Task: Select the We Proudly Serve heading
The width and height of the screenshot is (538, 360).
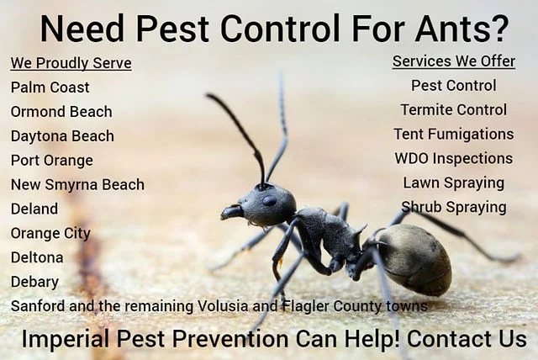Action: [71, 63]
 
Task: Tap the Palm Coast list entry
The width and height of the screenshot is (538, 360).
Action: [50, 87]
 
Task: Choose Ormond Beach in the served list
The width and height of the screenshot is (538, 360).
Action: [61, 112]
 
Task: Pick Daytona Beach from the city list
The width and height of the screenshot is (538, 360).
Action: [62, 136]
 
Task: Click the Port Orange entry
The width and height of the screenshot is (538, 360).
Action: [52, 161]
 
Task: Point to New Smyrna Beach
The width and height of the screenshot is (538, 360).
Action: [77, 185]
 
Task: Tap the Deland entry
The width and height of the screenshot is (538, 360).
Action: [34, 209]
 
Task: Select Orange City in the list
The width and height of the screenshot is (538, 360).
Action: [50, 233]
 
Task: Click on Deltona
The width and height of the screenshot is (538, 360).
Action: [37, 257]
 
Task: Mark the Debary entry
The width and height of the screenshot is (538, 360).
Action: [34, 282]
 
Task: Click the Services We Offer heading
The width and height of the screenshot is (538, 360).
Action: [454, 61]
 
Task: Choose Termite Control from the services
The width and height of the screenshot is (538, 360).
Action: [454, 110]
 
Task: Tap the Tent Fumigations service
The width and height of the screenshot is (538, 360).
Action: [454, 135]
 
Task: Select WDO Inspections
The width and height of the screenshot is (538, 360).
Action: [454, 158]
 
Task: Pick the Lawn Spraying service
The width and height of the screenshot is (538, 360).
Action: [454, 183]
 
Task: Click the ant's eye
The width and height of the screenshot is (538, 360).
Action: [269, 200]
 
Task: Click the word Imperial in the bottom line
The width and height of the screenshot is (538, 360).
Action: [66, 339]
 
